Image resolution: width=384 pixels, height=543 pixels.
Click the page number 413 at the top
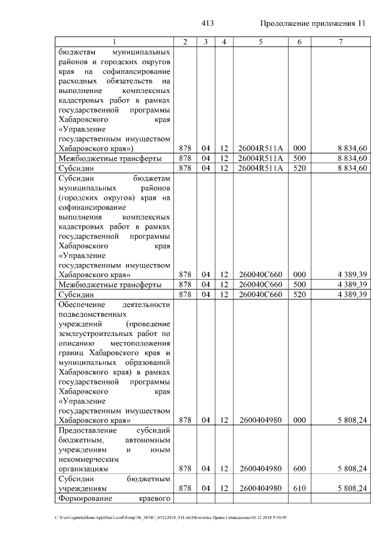pos(208,23)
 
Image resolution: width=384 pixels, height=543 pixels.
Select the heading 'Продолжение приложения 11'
pos(313,23)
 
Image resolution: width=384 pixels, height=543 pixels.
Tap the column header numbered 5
pos(260,42)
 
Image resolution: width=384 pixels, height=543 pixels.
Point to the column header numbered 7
pos(340,42)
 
